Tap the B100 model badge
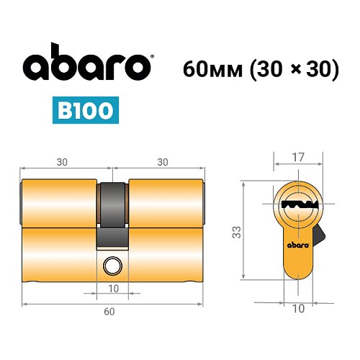(85, 112)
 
